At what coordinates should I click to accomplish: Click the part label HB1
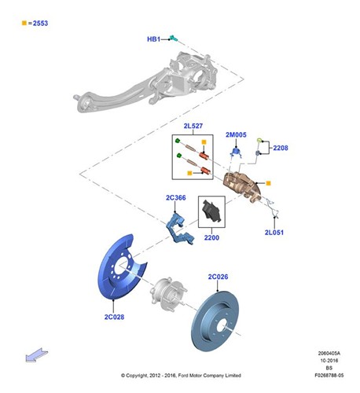[154, 39]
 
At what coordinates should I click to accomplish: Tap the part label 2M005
[237, 135]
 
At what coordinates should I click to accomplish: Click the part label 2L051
[274, 233]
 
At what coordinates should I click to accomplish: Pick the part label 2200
[211, 237]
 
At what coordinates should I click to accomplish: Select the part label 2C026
[218, 277]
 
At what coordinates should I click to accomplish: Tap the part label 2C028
[115, 317]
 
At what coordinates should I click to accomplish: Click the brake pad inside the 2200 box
[211, 211]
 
